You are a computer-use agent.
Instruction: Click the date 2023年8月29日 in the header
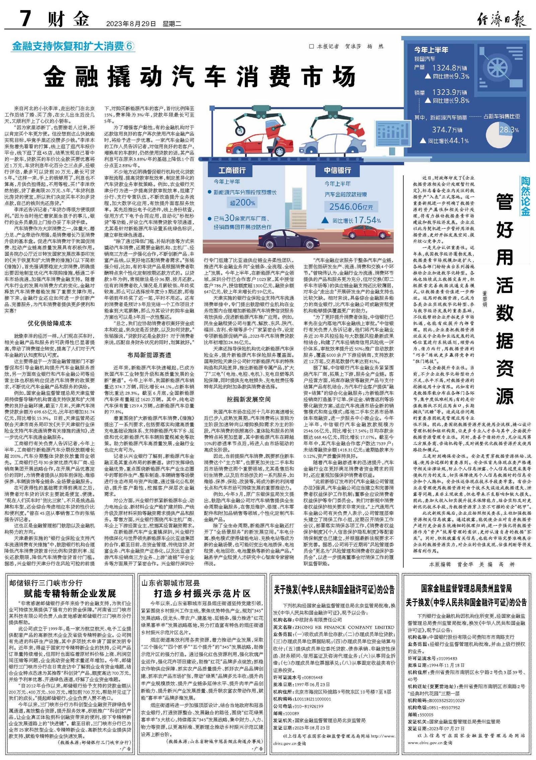click(131, 24)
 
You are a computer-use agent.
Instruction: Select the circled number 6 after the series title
click(129, 46)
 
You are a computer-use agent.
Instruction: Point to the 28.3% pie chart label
click(509, 130)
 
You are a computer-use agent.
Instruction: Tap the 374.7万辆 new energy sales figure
click(447, 130)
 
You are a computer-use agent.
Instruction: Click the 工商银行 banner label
click(232, 170)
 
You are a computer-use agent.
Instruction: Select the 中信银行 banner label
click(337, 170)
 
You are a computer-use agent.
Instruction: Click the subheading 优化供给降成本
click(50, 323)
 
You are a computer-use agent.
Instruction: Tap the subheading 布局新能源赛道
click(149, 355)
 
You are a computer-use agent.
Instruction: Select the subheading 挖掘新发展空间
click(249, 399)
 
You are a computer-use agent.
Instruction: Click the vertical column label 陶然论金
click(525, 196)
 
